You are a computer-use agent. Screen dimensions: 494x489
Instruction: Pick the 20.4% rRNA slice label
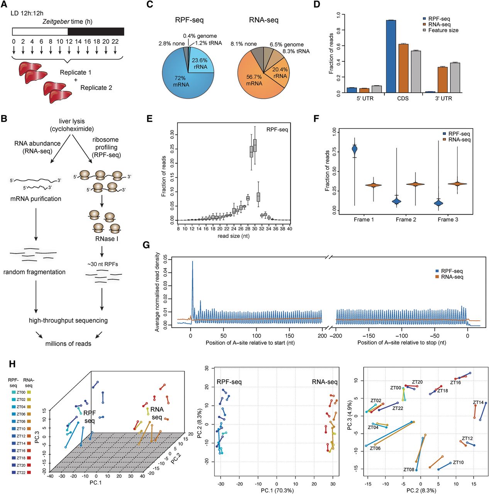click(x=280, y=73)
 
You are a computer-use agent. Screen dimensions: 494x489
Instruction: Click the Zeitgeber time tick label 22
click(x=115, y=42)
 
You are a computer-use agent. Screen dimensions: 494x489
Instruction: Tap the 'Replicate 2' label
click(x=96, y=88)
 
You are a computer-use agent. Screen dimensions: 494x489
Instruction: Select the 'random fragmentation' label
click(x=34, y=272)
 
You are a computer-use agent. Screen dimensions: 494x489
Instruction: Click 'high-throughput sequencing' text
click(x=68, y=320)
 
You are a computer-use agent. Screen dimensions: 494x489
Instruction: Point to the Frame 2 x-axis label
click(x=406, y=220)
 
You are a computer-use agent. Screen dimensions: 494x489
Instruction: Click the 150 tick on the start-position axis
click(x=289, y=336)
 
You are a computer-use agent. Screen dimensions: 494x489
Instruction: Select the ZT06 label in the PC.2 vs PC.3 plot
click(x=375, y=448)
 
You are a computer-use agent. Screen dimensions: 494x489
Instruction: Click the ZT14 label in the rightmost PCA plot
click(x=478, y=403)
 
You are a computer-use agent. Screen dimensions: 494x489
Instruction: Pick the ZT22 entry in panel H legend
click(x=21, y=472)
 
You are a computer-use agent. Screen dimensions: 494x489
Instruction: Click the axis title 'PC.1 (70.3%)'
click(x=277, y=491)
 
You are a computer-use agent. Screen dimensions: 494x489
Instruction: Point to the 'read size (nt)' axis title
click(x=234, y=236)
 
